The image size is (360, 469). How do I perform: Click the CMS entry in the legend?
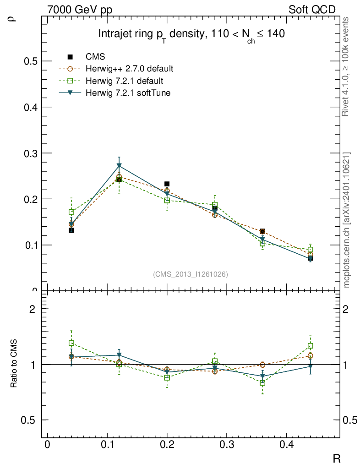[x=95, y=57]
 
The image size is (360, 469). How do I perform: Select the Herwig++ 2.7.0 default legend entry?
[x=129, y=69]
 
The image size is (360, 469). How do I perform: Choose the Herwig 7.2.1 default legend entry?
[x=125, y=81]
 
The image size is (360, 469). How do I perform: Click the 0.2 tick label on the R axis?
[x=167, y=445]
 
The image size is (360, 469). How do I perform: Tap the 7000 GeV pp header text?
[x=80, y=10]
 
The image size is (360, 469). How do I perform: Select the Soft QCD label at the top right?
[x=312, y=10]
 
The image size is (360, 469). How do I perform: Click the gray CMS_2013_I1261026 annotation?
[x=191, y=274]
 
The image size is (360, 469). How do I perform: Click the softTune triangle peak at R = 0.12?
[x=119, y=165]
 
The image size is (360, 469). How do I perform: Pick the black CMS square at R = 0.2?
[x=167, y=184]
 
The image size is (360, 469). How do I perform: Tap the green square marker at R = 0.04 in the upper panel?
[x=71, y=212]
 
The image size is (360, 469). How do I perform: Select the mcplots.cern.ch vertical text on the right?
[x=347, y=220]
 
